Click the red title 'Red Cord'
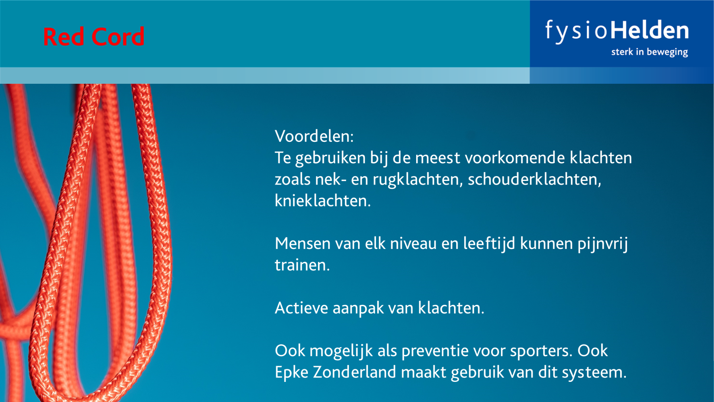[94, 36]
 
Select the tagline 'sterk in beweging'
[650, 52]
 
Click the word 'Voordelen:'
[314, 136]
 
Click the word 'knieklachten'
[321, 201]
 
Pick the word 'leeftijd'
[489, 243]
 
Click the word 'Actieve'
[302, 308]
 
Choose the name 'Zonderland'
[354, 372]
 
